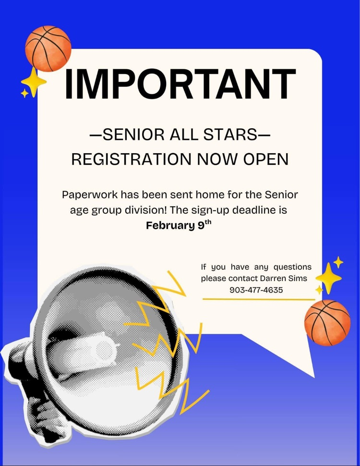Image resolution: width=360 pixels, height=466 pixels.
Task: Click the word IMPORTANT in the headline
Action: [180, 85]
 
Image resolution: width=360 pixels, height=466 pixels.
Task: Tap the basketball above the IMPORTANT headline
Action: [48, 48]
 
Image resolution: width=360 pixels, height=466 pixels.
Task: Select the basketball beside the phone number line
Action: [327, 322]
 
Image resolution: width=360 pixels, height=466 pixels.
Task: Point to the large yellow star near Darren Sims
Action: [328, 277]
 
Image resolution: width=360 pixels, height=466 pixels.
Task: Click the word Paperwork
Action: [90, 196]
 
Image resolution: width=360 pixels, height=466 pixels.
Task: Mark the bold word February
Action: [169, 225]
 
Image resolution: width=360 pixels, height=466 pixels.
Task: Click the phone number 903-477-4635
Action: [256, 290]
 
